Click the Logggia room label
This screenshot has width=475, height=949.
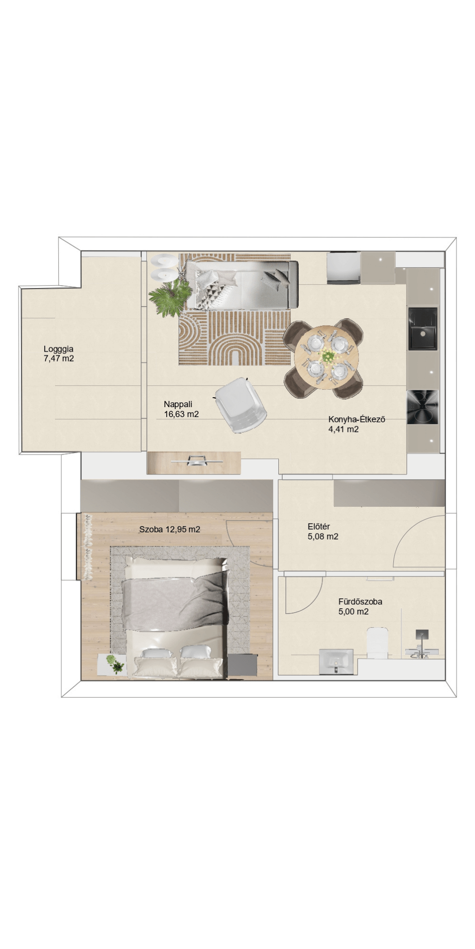58,349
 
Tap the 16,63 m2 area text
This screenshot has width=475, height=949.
181,414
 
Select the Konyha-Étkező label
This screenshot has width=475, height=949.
357,419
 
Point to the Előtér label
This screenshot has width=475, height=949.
319,526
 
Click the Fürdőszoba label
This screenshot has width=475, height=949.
361,602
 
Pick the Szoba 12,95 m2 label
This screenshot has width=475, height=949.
170,530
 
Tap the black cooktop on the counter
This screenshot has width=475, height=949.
423,407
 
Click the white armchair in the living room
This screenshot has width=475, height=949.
240,405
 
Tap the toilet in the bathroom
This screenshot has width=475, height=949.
379,642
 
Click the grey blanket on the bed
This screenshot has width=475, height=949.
173,598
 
